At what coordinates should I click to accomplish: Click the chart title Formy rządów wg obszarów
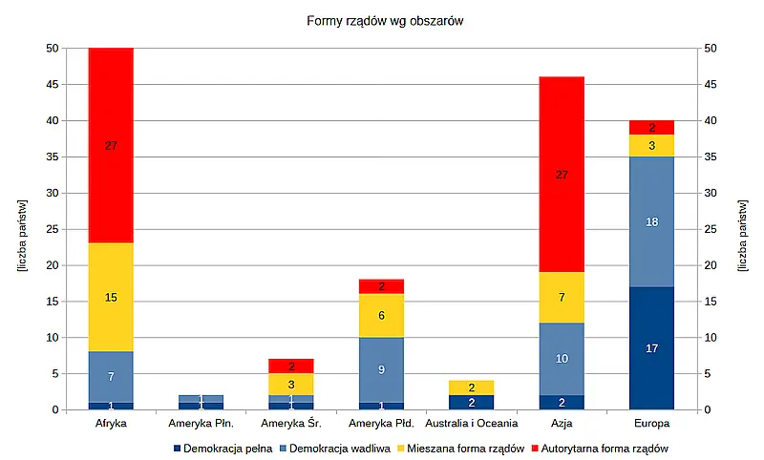384,20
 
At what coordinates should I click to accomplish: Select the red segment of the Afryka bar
111,145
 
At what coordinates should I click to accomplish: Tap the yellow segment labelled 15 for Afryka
111,297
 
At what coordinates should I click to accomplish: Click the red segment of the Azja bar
562,175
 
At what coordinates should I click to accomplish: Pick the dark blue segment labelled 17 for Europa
651,348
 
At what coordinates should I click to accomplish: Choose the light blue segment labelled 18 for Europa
651,221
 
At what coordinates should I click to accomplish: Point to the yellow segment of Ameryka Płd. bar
381,315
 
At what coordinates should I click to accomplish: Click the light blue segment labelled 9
381,369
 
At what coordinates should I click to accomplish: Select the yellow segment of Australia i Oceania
472,387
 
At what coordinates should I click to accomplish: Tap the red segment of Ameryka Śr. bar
291,366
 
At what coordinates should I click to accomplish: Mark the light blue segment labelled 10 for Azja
562,359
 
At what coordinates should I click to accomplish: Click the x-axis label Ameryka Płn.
201,423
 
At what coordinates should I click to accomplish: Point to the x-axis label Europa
651,423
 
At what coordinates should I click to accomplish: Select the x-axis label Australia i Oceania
472,423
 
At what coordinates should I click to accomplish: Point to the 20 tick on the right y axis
713,265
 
